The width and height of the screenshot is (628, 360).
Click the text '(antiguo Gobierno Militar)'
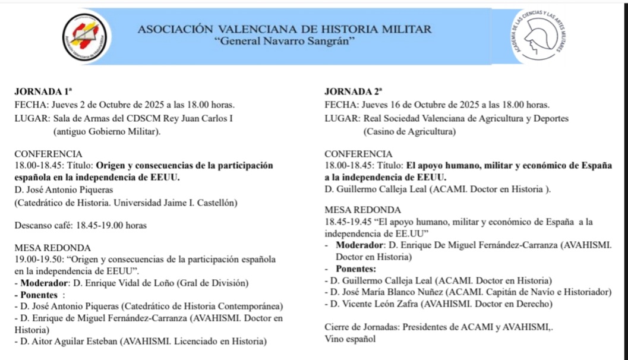click(106, 131)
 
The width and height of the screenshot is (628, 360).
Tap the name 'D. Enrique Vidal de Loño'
click(124, 283)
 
